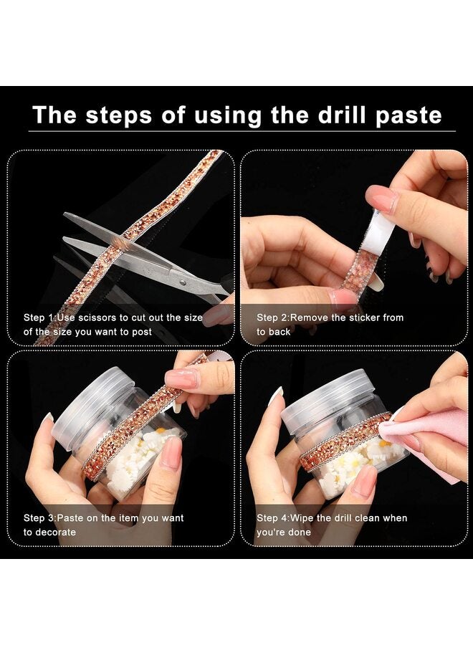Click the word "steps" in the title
tap(123, 115)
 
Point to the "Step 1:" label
tap(39, 317)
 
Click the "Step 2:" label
tap(272, 317)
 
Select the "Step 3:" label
tap(39, 518)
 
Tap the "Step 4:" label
tap(272, 518)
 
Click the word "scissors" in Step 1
tap(96, 317)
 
